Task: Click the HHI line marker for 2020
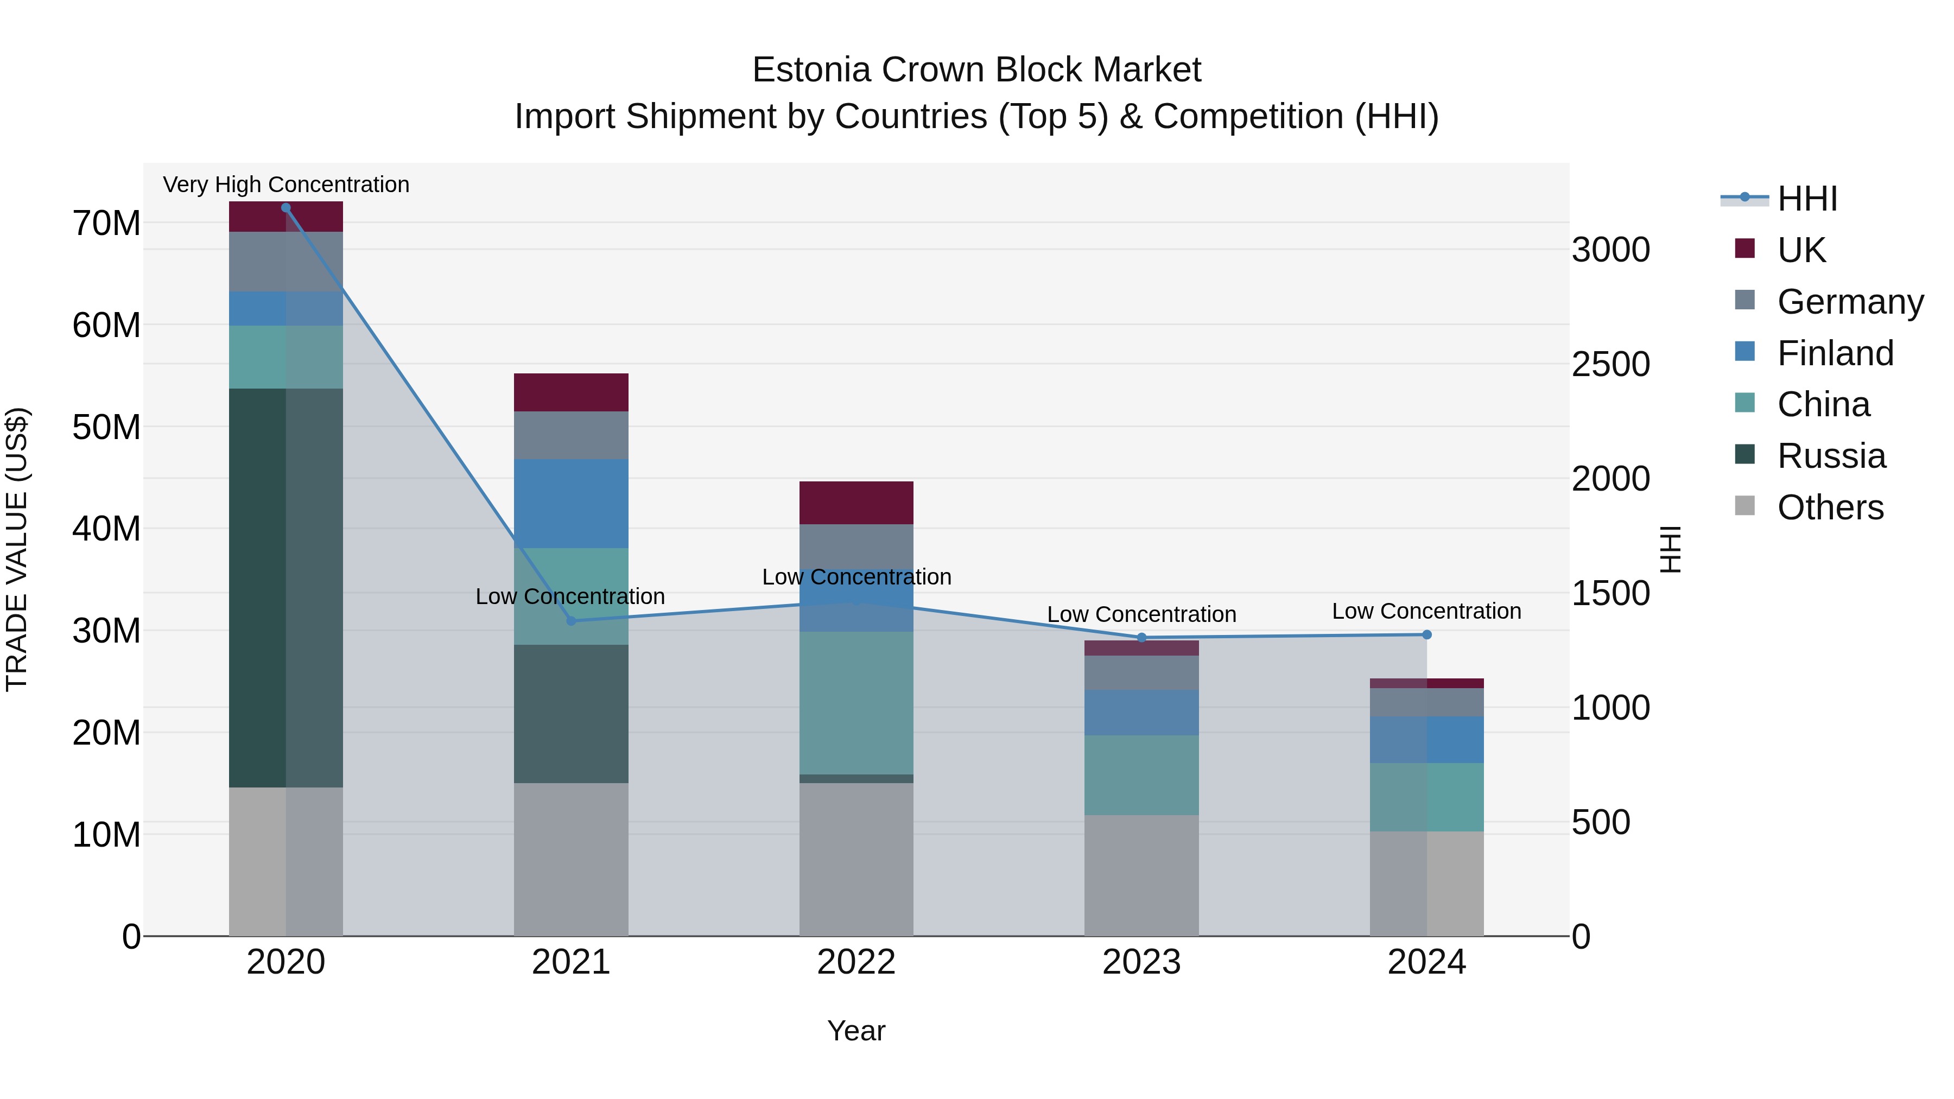point(286,208)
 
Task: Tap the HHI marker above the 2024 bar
point(1427,635)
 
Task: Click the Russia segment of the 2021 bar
point(571,714)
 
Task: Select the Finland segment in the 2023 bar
point(1141,712)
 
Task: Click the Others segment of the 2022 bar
point(857,859)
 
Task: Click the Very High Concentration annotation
point(286,185)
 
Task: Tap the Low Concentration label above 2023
point(1141,614)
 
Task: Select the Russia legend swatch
point(1744,454)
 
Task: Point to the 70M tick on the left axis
point(106,224)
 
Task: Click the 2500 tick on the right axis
point(1610,364)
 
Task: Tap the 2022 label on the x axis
point(857,962)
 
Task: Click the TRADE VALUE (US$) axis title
point(17,549)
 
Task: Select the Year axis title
point(857,1031)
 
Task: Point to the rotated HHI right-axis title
point(1670,549)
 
